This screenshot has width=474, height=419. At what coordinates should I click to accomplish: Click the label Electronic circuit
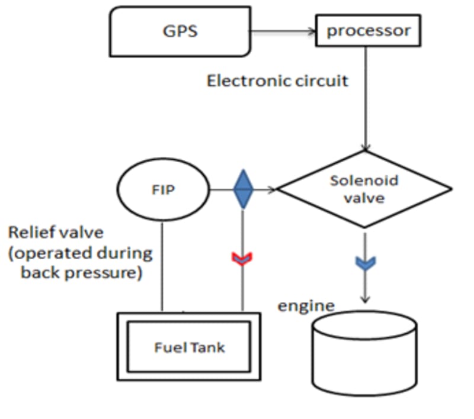click(x=277, y=80)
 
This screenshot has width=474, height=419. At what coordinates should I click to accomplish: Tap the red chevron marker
click(x=242, y=258)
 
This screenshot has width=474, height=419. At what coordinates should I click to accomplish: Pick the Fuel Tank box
click(x=189, y=346)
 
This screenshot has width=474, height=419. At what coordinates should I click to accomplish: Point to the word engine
click(x=306, y=305)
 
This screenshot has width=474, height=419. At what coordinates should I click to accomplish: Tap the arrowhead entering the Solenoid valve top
click(x=366, y=148)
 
